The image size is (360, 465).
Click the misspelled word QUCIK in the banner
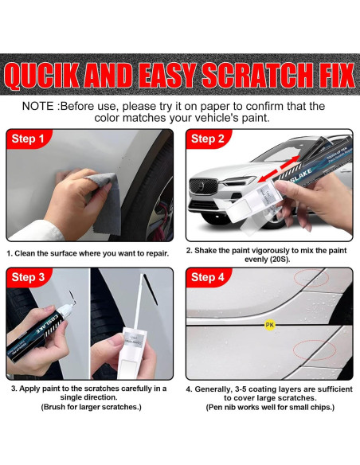[41, 75]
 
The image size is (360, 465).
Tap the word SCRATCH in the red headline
[256, 75]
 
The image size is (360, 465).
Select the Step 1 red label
[28, 139]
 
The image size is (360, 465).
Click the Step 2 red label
[208, 139]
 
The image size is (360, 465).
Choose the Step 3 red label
[28, 277]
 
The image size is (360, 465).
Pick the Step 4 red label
[208, 277]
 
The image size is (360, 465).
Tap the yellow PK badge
[269, 325]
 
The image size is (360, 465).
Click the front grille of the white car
[201, 186]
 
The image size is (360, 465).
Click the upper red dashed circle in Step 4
[311, 278]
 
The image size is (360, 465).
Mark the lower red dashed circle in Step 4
[315, 350]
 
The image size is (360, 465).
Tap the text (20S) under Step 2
[278, 260]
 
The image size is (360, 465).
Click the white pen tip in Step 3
[68, 309]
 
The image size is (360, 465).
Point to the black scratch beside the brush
[151, 289]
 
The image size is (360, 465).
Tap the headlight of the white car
[241, 181]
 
